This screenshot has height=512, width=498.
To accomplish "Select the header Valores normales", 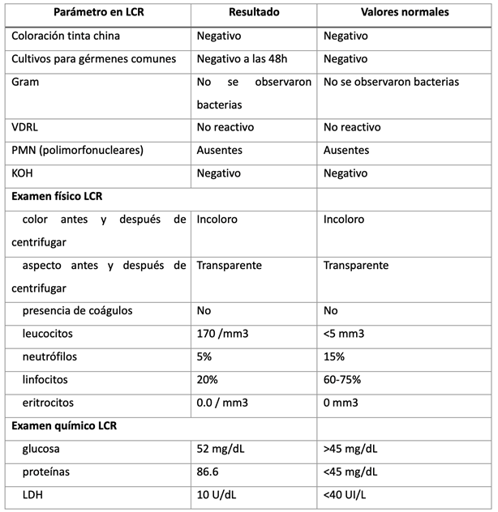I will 404,14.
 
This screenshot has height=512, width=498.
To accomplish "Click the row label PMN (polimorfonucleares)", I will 76,150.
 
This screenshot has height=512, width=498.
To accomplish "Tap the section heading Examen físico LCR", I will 58,195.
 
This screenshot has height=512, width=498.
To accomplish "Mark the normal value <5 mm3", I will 345,334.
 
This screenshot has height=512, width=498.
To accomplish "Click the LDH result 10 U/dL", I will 221,494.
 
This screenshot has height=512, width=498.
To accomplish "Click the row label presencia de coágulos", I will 78,311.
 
